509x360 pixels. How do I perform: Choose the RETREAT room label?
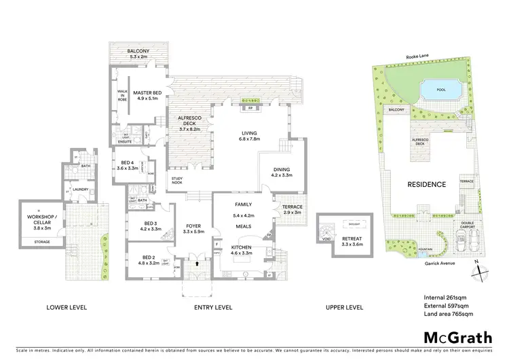352,241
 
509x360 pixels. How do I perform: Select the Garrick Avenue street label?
438,258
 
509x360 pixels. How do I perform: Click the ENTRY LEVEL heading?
214,308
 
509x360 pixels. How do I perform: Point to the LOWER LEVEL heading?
66,308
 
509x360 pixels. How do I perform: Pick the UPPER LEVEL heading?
344,308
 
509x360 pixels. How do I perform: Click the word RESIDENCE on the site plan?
426,184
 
